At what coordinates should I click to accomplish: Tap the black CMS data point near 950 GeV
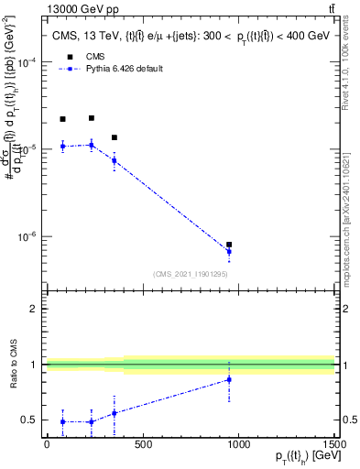point(228,245)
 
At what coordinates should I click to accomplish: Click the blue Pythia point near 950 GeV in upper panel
point(228,251)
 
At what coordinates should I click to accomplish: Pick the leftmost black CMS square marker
point(62,119)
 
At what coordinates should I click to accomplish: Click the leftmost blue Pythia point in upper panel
point(62,146)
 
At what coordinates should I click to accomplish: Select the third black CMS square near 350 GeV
point(114,137)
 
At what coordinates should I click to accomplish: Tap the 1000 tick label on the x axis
point(238,444)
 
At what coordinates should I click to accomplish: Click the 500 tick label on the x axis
point(142,444)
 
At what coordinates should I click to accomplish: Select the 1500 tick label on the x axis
point(334,444)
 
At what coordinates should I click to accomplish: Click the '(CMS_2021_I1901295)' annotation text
point(191,274)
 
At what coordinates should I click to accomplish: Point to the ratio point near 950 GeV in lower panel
point(228,379)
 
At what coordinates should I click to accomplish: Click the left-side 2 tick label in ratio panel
point(33,309)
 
